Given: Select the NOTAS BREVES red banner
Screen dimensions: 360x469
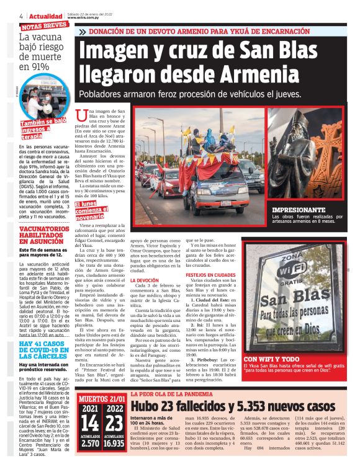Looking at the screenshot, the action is pos(43,26).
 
